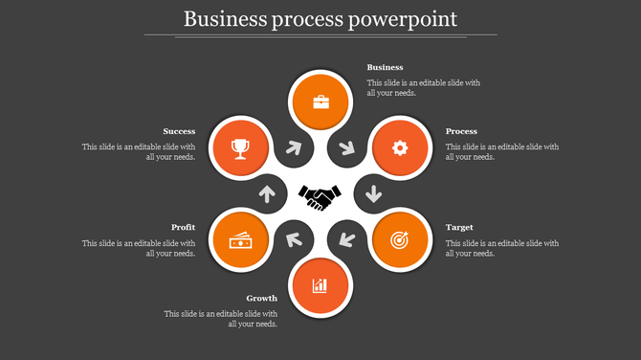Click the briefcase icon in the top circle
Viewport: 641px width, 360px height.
(x=320, y=101)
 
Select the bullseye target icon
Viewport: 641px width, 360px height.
(x=400, y=240)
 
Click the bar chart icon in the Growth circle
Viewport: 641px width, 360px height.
(x=320, y=285)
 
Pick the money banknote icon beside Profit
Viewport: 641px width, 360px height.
(x=240, y=240)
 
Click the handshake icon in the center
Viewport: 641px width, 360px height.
(x=320, y=197)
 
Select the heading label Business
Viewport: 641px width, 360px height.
(x=386, y=68)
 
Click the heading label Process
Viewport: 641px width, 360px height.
(x=461, y=131)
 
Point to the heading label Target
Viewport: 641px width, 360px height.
(x=459, y=227)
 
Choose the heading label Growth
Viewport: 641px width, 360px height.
(x=261, y=298)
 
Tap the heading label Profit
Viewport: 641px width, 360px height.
(x=184, y=227)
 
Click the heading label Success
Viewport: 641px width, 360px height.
(x=179, y=131)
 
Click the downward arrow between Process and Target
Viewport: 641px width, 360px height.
(x=373, y=193)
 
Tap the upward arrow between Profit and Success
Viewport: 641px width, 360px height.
(x=268, y=193)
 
